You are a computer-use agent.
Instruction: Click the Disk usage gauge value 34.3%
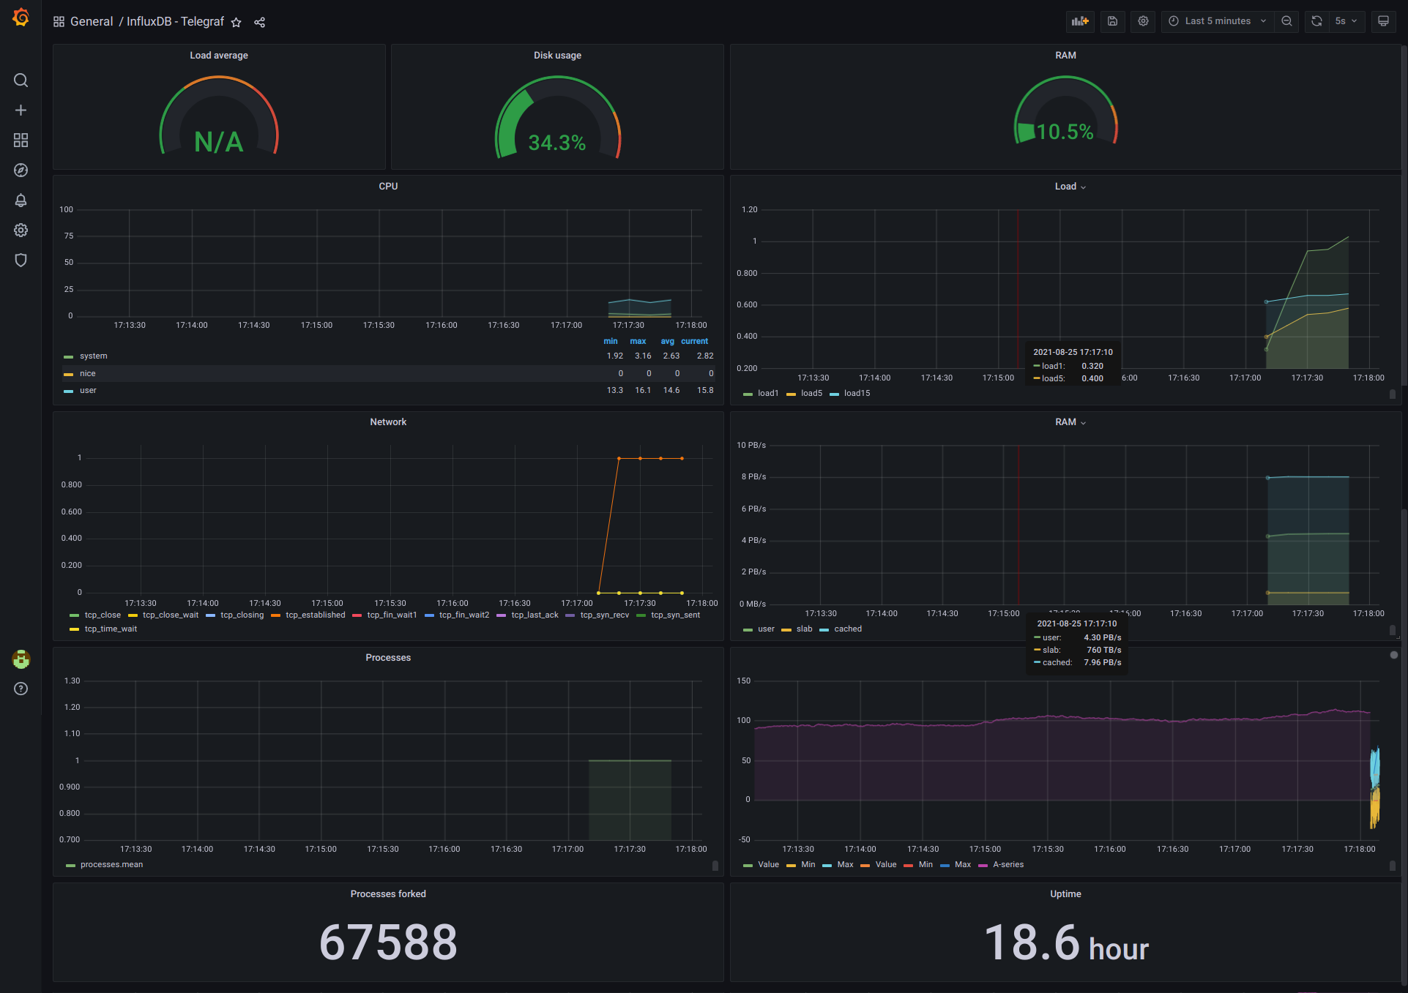[x=556, y=143]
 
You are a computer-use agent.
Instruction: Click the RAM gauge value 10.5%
[x=1065, y=132]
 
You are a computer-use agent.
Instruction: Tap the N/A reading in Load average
[x=218, y=142]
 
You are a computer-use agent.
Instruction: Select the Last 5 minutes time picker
[x=1217, y=21]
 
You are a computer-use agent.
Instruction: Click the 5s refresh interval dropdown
[x=1346, y=21]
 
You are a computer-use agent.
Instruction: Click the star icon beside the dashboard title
[x=236, y=23]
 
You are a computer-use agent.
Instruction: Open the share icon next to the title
[x=259, y=23]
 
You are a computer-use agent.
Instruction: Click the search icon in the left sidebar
[x=21, y=80]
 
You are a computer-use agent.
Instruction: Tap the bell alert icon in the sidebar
[x=21, y=200]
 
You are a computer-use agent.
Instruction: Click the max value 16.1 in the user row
[x=642, y=390]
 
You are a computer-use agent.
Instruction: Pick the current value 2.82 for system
[x=704, y=356]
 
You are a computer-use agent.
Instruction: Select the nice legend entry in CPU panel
[x=87, y=373]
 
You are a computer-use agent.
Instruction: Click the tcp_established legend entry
[x=315, y=615]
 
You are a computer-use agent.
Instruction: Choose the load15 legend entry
[x=857, y=393]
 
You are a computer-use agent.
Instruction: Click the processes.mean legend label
[x=111, y=864]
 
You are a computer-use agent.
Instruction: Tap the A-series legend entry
[x=1007, y=864]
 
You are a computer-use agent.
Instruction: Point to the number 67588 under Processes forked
[x=388, y=942]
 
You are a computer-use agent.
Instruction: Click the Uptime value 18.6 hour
[x=1065, y=943]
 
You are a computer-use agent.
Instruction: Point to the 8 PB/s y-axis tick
[x=753, y=476]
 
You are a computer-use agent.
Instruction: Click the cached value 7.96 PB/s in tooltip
[x=1102, y=662]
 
